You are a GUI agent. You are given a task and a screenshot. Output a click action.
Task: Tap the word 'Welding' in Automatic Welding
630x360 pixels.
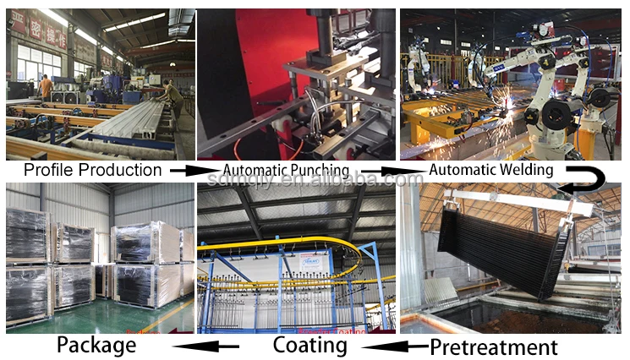click(524, 170)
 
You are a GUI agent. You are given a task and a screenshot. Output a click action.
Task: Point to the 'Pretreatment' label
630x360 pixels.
click(494, 347)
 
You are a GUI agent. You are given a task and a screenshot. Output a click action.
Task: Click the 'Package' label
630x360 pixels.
click(96, 345)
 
